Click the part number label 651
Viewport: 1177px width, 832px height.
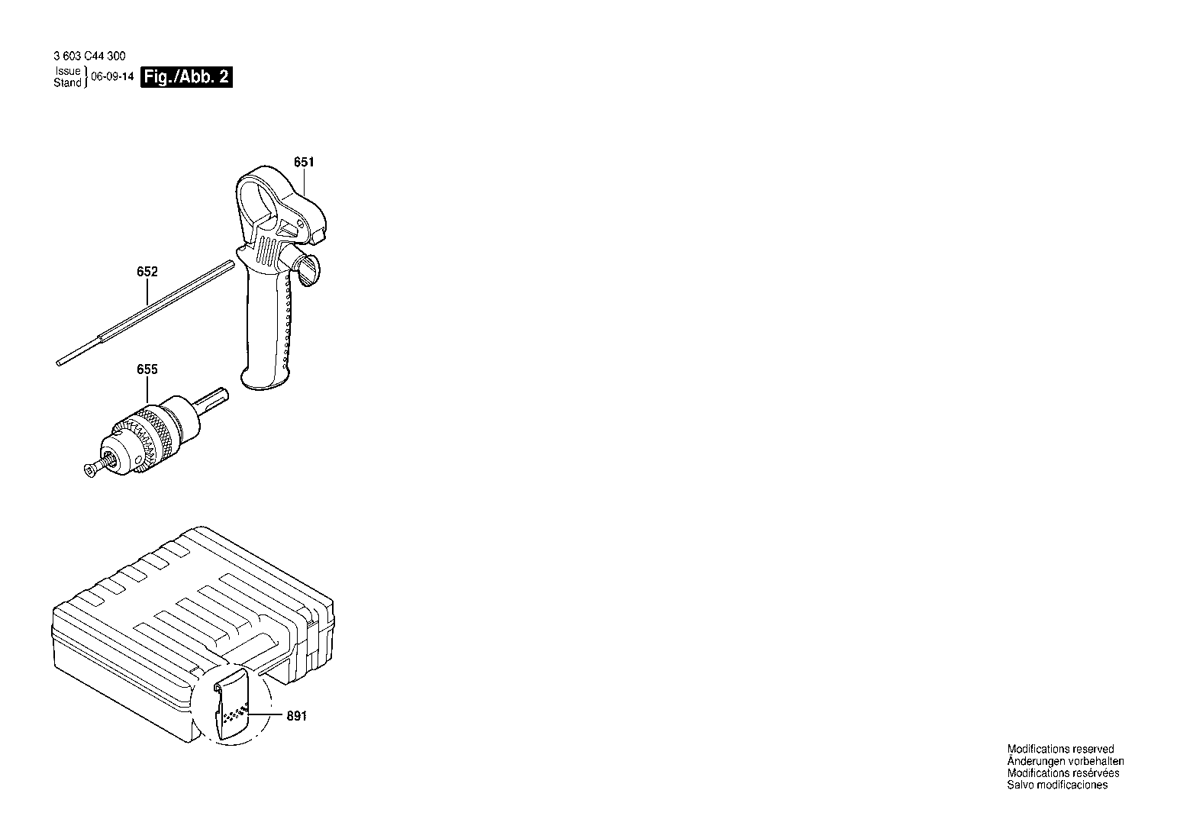[304, 162]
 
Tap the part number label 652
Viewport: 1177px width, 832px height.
[147, 271]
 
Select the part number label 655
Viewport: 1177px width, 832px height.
[147, 369]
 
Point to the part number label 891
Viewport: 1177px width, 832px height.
[297, 716]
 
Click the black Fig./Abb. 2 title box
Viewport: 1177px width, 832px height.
[186, 77]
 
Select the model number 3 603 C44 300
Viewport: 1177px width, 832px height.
[89, 56]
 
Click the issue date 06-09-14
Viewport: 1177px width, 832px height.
[112, 77]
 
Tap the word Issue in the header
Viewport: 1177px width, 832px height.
[68, 71]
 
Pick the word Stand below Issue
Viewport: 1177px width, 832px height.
[67, 83]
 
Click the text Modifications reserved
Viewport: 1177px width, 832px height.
[1060, 749]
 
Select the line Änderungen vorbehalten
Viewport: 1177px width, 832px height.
[1066, 761]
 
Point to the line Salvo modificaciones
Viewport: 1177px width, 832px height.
[1057, 785]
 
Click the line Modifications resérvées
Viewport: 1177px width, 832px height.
[1063, 773]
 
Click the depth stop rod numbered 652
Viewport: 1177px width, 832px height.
[146, 313]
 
